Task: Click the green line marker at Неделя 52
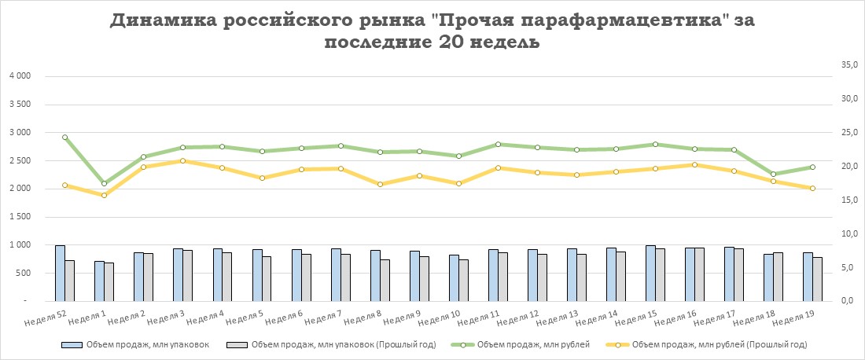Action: pos(65,138)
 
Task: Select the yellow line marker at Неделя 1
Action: pos(105,195)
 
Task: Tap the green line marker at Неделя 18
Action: pos(773,174)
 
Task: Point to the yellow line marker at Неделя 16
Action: pos(694,165)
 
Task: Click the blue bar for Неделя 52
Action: pos(60,274)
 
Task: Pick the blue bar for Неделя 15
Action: pos(650,274)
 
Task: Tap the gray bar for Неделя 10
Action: pos(463,281)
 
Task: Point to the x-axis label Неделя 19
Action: pos(797,319)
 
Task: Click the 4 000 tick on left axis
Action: pos(19,76)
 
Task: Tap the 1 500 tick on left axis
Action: pos(19,217)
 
